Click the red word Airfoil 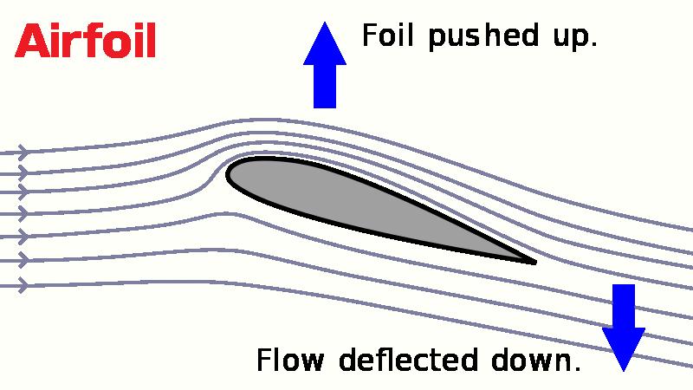[85, 41]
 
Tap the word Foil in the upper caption [387, 35]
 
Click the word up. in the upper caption [575, 38]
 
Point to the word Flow [290, 360]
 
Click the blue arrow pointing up [325, 65]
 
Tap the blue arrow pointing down [624, 328]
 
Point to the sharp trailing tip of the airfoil [535, 263]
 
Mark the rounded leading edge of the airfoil [227, 174]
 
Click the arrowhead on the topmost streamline [23, 153]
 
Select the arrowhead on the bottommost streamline [23, 286]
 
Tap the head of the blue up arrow [325, 43]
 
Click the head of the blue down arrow [624, 350]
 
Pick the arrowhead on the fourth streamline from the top [23, 214]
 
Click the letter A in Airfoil [32, 42]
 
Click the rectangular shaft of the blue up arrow [325, 86]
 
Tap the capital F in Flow [263, 360]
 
